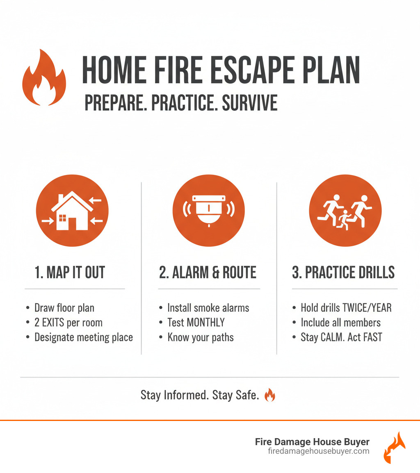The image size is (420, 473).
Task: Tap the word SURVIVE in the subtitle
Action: [x=250, y=102]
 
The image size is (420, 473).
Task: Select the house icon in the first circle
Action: [x=72, y=211]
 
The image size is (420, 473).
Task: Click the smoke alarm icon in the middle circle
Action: [x=209, y=210]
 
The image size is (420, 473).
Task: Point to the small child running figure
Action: [x=345, y=220]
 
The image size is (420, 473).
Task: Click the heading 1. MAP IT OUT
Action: [x=70, y=273]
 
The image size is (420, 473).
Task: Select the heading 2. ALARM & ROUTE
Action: [x=208, y=273]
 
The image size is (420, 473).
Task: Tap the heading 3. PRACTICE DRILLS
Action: [x=343, y=273]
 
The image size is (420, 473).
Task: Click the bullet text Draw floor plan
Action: [x=64, y=308]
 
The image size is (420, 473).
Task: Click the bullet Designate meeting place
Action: [x=84, y=337]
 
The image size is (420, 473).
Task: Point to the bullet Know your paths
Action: [x=201, y=337]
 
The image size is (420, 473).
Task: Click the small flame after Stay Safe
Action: [x=269, y=395]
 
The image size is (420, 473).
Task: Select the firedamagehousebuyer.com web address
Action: [x=319, y=451]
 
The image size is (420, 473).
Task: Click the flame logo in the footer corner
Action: [x=394, y=448]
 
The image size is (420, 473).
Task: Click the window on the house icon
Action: [x=62, y=218]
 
